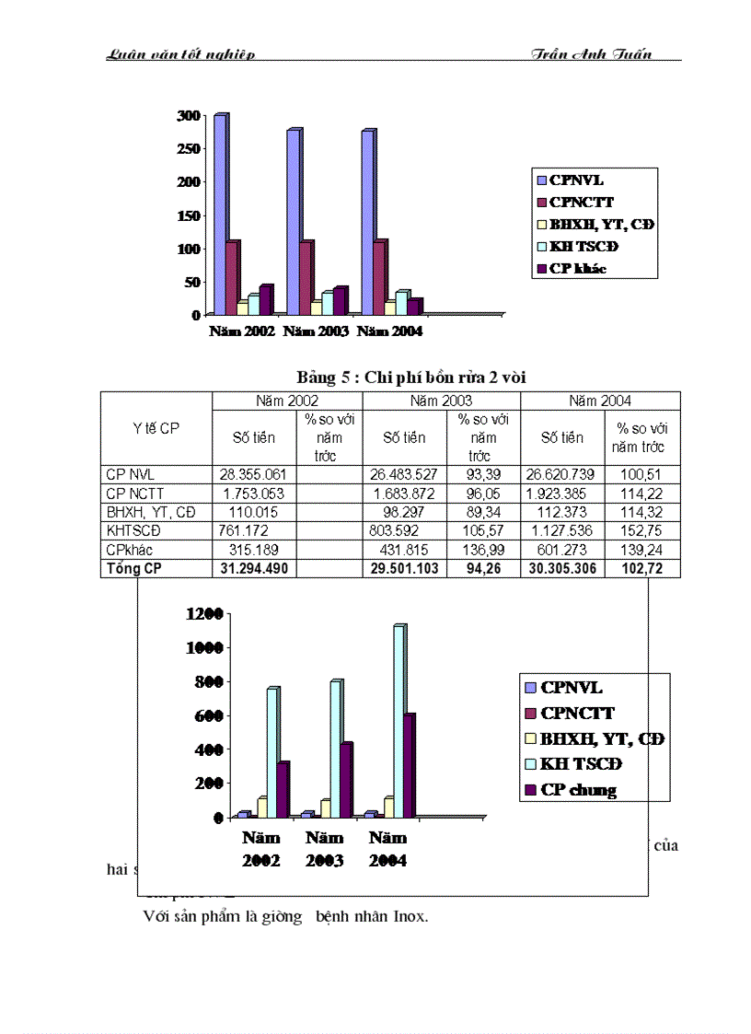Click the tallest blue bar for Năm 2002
(x=221, y=212)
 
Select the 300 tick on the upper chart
(x=189, y=115)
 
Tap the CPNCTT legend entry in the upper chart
(x=582, y=202)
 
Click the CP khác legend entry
(x=578, y=269)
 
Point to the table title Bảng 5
(x=410, y=377)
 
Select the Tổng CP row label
(x=134, y=568)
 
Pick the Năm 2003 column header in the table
(x=441, y=401)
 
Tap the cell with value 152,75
(x=642, y=530)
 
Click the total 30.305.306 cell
(x=562, y=568)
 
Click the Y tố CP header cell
(x=156, y=428)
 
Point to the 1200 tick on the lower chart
(x=205, y=614)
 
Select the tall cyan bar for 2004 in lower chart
(x=399, y=720)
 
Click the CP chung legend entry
(x=579, y=789)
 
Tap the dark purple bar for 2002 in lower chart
(x=283, y=789)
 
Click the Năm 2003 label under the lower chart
(x=325, y=849)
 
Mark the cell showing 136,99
(x=483, y=550)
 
